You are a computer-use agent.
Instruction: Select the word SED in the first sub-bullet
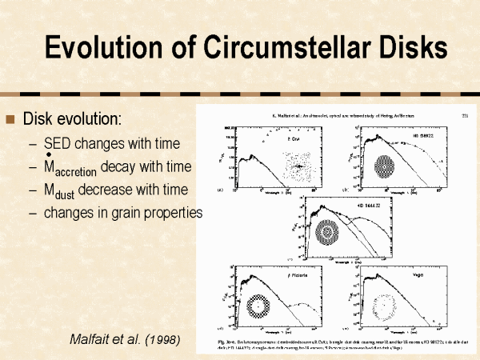click(x=58, y=144)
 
